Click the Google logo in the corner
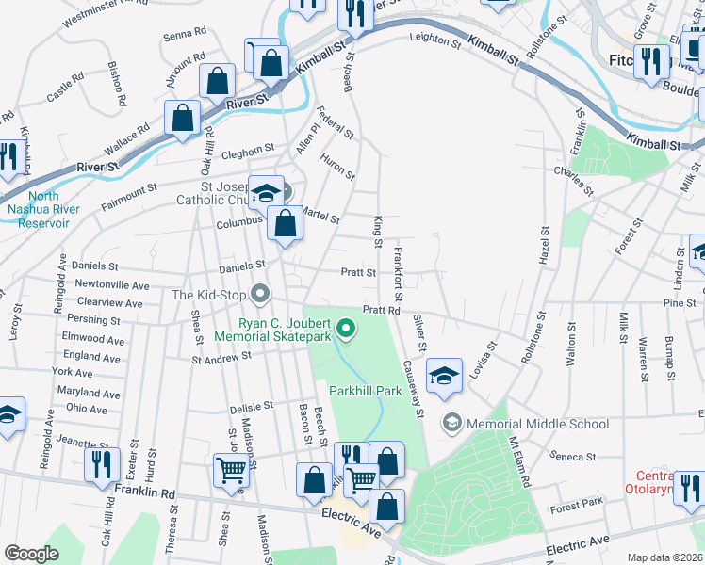(32, 554)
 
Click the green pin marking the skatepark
(346, 329)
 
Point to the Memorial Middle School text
(537, 424)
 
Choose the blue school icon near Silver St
(444, 374)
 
